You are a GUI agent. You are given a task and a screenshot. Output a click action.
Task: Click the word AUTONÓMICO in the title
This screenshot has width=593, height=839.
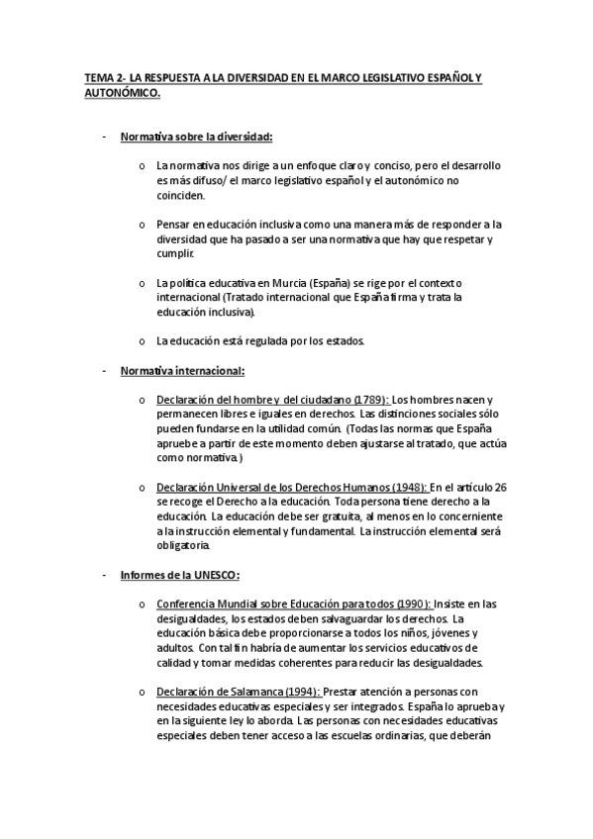(x=118, y=92)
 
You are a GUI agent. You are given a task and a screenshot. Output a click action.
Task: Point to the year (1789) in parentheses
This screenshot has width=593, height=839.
(x=368, y=400)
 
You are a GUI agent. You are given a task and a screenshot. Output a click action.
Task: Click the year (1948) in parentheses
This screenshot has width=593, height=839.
(x=409, y=488)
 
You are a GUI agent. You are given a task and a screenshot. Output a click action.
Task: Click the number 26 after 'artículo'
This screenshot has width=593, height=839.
(x=501, y=488)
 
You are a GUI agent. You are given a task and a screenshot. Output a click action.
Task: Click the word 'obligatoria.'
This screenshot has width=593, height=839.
(x=183, y=546)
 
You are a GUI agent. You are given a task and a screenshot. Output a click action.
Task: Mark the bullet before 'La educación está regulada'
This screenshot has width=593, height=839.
(x=143, y=342)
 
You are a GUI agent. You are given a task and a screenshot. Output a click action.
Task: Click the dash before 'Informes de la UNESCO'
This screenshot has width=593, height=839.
(x=103, y=576)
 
